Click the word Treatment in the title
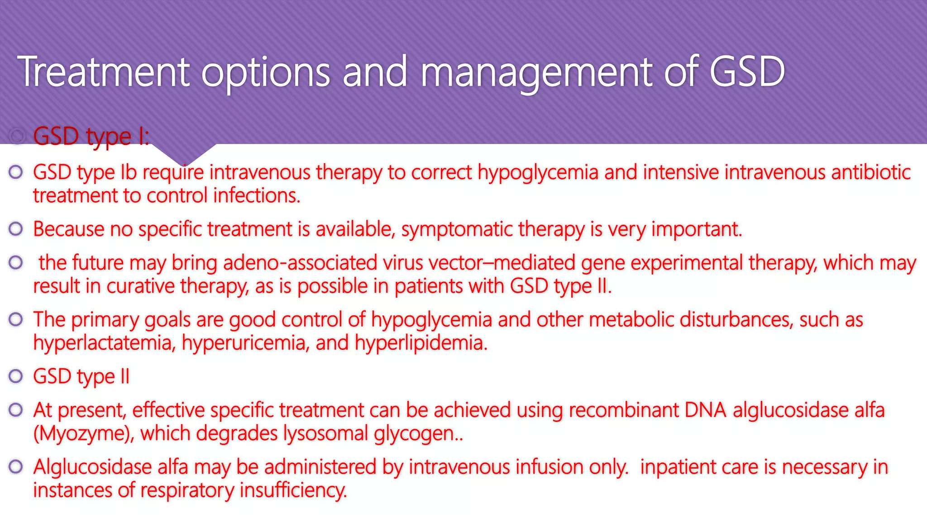pos(103,72)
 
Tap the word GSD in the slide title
pos(747,72)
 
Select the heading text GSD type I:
pos(91,136)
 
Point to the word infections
pos(256,196)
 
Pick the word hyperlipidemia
pos(421,343)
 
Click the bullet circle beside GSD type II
pos(16,376)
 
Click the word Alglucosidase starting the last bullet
pos(92,467)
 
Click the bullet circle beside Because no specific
pos(16,229)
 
